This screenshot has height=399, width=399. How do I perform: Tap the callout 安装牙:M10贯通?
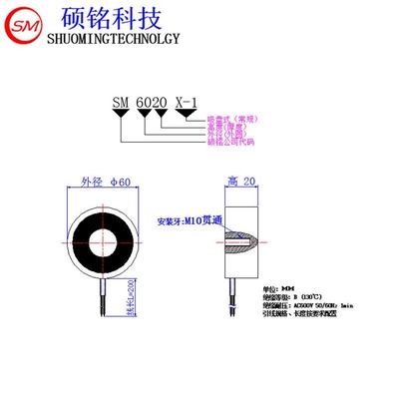pos(185,220)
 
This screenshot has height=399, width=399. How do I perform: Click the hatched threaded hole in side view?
pos(243,240)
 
